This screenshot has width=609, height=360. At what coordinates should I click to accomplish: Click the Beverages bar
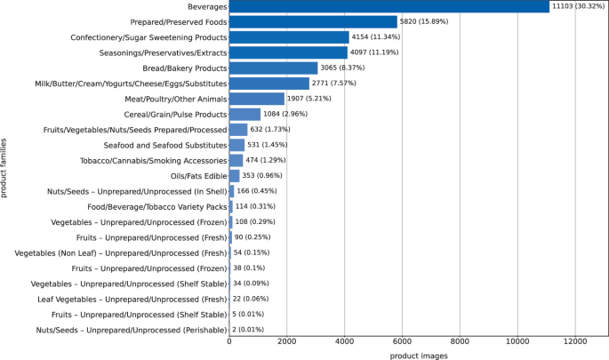tap(389, 6)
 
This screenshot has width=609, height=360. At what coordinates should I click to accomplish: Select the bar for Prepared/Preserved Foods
tap(313, 21)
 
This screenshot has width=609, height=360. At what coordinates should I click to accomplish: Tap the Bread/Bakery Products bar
tap(274, 68)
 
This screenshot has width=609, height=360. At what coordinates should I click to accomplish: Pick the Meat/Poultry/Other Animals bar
tap(257, 99)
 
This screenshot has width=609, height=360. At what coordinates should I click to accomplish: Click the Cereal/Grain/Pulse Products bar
tap(244, 114)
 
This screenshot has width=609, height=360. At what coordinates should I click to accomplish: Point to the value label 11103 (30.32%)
tap(578, 6)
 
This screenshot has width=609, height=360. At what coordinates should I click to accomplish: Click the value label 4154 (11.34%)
tap(376, 37)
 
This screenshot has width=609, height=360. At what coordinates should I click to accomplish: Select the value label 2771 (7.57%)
tap(334, 83)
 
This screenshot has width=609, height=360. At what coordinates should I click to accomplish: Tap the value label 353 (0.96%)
tap(262, 175)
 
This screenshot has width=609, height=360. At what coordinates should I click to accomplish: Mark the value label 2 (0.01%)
tap(248, 330)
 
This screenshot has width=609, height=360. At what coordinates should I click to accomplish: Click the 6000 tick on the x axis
tap(402, 341)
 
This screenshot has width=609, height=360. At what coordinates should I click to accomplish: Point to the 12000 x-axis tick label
tap(575, 341)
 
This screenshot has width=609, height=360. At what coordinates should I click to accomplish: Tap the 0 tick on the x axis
tap(229, 341)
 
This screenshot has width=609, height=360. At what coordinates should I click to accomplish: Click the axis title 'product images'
tap(419, 356)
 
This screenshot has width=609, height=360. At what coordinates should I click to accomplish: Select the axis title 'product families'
tap(4, 168)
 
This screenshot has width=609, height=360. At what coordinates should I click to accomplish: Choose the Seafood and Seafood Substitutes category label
tap(165, 145)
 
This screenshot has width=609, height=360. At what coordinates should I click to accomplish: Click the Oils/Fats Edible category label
tap(198, 176)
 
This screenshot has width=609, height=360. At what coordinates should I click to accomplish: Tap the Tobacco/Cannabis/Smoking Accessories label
tap(154, 161)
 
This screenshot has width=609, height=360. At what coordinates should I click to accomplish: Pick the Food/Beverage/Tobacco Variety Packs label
tap(156, 207)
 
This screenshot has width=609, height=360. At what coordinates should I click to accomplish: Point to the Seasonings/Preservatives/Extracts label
tap(163, 52)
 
